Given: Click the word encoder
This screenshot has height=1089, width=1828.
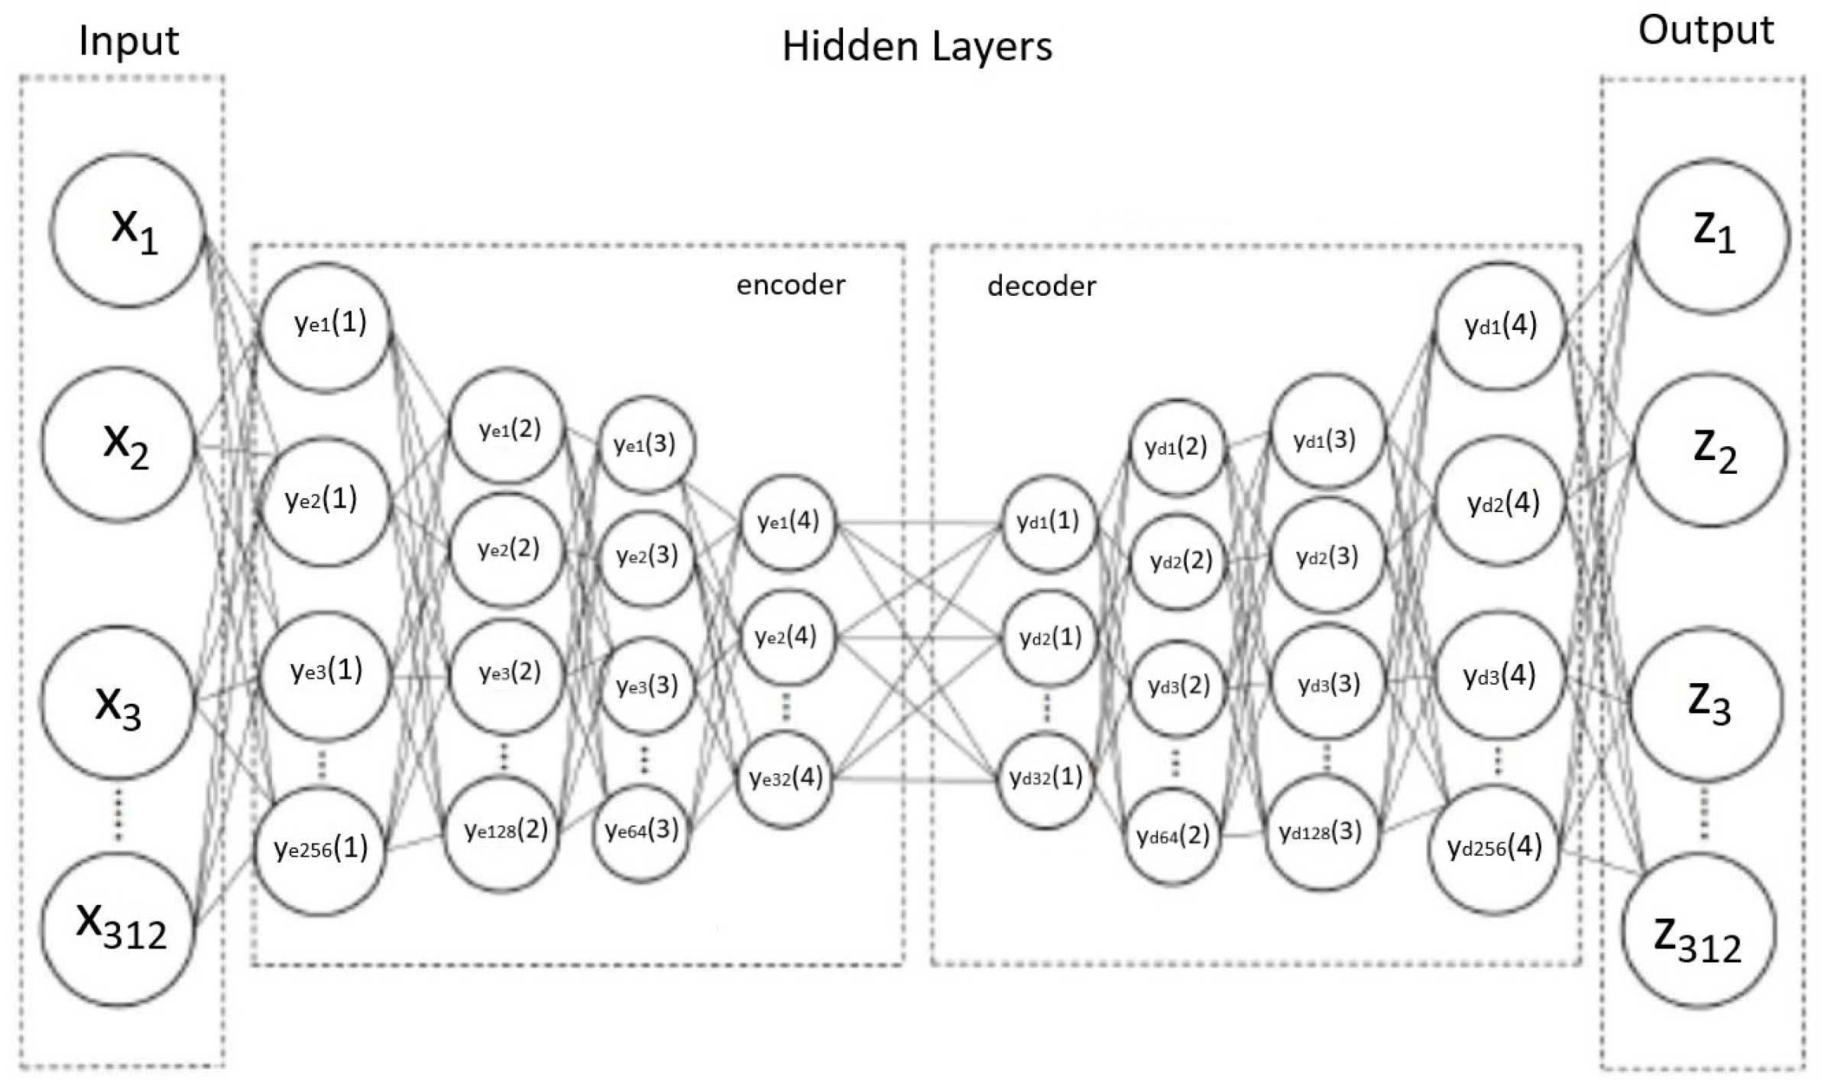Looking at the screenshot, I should tap(790, 285).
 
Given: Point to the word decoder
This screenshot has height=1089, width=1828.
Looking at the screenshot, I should tap(1041, 287).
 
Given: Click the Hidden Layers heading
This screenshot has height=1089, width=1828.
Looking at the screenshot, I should tap(916, 46).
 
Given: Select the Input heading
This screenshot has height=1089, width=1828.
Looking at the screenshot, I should tap(128, 41).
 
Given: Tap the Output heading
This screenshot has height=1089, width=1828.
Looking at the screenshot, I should tap(1706, 31).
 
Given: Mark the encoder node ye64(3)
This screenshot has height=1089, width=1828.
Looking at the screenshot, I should tap(641, 831).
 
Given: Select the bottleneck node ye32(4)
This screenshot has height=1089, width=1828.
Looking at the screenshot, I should tap(786, 779).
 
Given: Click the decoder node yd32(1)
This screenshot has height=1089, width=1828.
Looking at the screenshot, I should tap(1045, 779).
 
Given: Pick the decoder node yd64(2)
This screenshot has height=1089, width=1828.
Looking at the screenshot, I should tap(1173, 837).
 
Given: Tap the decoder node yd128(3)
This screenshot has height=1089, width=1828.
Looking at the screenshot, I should tap(1321, 832).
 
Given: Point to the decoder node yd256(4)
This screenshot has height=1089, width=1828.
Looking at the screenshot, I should tap(1494, 848).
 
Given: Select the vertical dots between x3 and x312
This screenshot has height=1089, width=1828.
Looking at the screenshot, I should tap(118, 814).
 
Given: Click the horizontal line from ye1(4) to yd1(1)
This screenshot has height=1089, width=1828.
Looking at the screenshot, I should tap(917, 524).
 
